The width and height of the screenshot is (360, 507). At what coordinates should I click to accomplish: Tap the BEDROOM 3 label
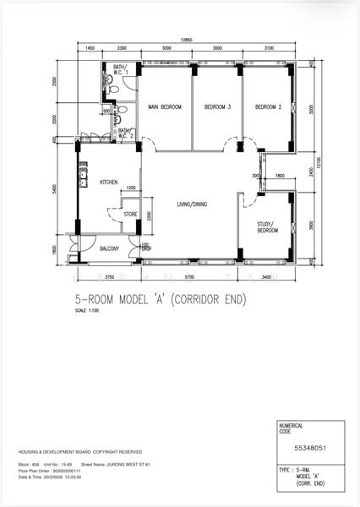click(217, 107)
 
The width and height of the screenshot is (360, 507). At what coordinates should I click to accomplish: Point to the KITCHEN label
click(109, 183)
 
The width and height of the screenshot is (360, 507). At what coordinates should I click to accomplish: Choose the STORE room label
click(130, 214)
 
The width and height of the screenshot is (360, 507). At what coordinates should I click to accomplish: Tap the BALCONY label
click(110, 248)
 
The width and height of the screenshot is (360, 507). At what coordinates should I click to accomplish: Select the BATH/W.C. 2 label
click(125, 133)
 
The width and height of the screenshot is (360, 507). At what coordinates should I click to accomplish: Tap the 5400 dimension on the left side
click(53, 190)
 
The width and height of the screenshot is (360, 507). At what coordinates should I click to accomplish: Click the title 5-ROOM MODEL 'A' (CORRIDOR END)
click(161, 300)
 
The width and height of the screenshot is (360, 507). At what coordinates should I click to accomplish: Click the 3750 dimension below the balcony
click(109, 276)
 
